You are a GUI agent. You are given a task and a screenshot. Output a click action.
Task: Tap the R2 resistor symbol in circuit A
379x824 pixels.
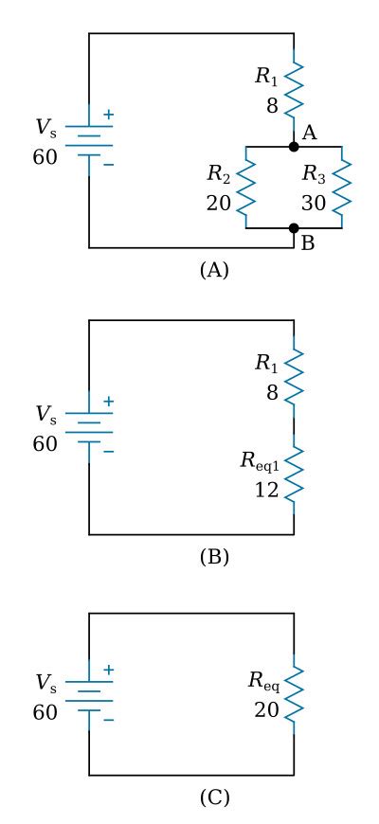245,188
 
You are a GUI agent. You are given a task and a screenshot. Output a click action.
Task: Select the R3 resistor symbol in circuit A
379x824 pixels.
341,188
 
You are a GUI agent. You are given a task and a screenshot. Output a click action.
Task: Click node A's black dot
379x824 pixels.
294,147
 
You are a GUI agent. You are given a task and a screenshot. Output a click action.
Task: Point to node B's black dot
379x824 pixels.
294,228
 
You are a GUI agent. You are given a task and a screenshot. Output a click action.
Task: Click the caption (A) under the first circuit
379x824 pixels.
214,270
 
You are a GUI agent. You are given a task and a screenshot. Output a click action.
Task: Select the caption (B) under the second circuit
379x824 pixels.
214,557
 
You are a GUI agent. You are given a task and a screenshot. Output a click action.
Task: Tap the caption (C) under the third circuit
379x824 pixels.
214,797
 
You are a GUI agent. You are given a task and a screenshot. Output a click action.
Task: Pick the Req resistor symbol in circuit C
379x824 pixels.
294,693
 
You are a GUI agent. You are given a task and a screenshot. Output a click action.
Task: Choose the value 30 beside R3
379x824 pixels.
314,202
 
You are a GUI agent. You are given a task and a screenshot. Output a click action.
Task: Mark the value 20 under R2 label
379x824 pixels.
220,202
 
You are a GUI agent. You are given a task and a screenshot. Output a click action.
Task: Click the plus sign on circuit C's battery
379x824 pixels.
108,670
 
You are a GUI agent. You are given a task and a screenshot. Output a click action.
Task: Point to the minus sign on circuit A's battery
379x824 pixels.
108,164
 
